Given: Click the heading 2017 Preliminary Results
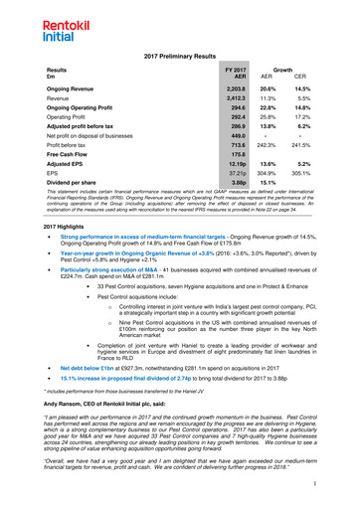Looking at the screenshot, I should pos(179,60).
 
